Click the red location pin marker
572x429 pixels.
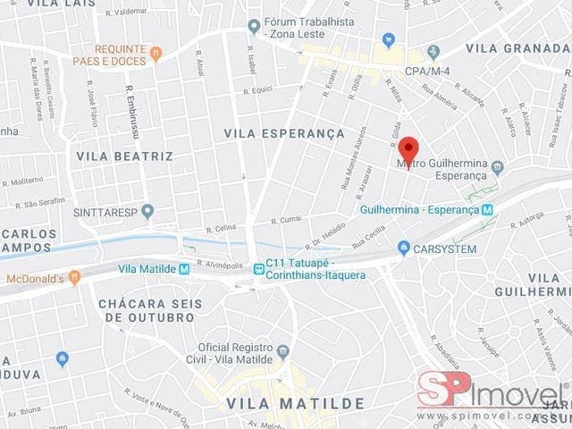pyautogui.click(x=408, y=148)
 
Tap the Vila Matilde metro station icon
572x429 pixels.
pyautogui.click(x=184, y=268)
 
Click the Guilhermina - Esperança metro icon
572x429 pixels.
pyautogui.click(x=487, y=210)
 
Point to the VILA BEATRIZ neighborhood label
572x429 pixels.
pyautogui.click(x=124, y=156)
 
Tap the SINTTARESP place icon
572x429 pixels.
pyautogui.click(x=147, y=211)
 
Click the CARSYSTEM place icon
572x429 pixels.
pyautogui.click(x=404, y=248)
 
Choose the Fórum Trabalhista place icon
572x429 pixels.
pyautogui.click(x=254, y=24)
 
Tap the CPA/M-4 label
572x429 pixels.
pyautogui.click(x=427, y=70)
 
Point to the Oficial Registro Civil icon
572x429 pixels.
pyautogui.click(x=283, y=349)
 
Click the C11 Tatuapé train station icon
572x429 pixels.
pyautogui.click(x=257, y=265)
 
